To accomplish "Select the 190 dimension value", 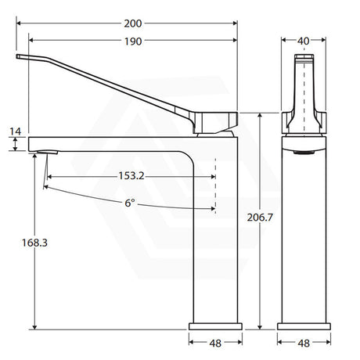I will click(x=133, y=41).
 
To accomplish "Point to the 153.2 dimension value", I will click(x=132, y=176).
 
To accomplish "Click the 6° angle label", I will click(x=130, y=203).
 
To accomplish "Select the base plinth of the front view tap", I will click(x=302, y=325).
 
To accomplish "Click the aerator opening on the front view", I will click(x=302, y=153).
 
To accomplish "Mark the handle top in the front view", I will click(x=302, y=58).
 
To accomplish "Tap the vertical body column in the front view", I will click(x=302, y=235).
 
